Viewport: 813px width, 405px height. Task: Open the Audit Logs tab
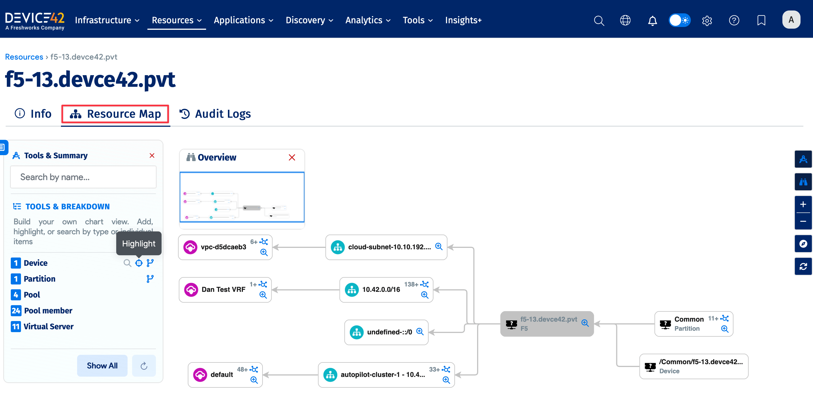215,114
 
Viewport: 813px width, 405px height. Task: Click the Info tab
33,114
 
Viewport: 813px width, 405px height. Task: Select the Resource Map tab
115,114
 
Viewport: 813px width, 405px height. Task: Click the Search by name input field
83,177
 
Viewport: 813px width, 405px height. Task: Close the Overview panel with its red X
292,157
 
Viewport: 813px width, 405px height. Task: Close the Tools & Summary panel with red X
152,155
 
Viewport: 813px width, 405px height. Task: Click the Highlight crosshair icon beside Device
139,263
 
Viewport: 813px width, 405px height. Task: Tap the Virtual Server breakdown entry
48,326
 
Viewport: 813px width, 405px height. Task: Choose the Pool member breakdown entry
48,310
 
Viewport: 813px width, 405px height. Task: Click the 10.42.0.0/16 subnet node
381,290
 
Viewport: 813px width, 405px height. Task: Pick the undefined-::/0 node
389,332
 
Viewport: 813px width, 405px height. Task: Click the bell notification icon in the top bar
652,20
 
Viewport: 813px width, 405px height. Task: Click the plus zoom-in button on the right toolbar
803,204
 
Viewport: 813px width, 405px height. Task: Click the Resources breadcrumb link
24,57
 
